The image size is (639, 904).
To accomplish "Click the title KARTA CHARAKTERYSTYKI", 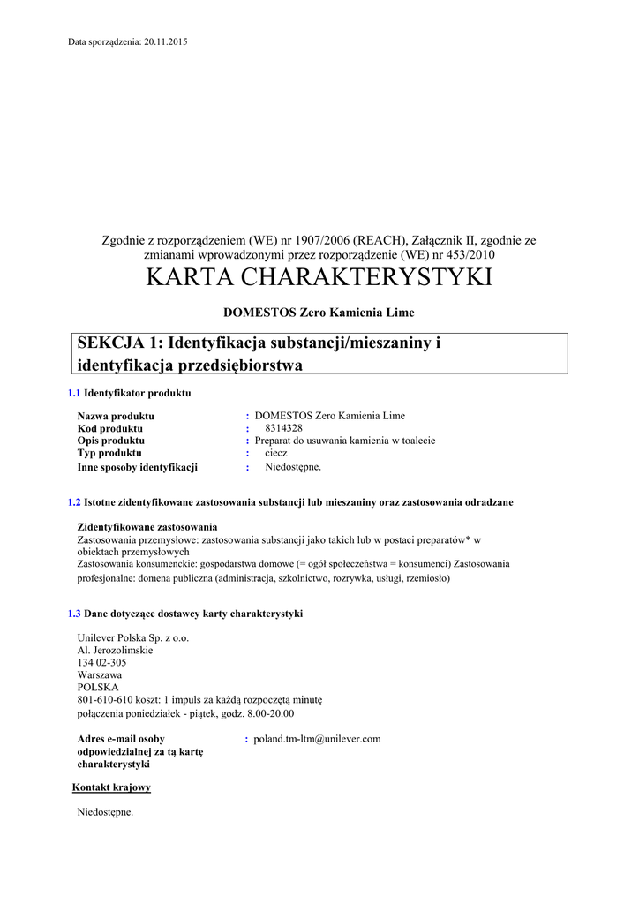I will (x=319, y=277).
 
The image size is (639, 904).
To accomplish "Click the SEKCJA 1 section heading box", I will (x=321, y=353).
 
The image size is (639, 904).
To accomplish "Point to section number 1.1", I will (x=74, y=393).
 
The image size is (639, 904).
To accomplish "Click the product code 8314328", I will (x=284, y=428).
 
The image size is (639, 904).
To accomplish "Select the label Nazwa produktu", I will (x=116, y=416).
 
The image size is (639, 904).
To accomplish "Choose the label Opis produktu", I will (x=111, y=441).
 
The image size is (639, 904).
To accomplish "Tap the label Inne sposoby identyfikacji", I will (x=138, y=467).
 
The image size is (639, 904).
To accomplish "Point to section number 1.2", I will (x=74, y=502).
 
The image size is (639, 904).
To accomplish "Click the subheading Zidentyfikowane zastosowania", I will (x=147, y=526).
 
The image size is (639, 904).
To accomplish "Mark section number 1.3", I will (x=74, y=614).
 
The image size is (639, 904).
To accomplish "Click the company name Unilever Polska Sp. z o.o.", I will (x=133, y=637).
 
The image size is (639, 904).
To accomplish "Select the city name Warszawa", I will (x=100, y=674).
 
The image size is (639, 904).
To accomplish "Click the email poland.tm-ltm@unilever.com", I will (x=317, y=739).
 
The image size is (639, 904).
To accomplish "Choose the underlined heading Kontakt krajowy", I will (x=111, y=787).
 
